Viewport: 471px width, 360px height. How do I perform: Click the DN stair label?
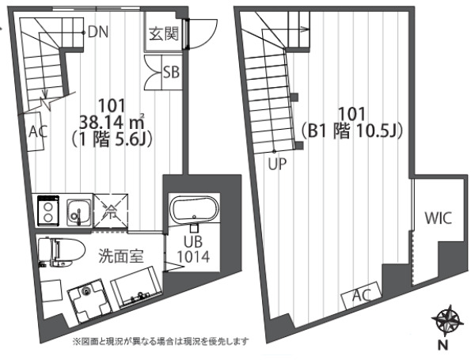[x=99, y=32]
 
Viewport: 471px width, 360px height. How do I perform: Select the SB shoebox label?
[x=170, y=72]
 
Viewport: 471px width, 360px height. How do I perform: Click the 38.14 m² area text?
[x=112, y=121]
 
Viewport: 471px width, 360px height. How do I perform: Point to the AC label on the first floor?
[x=36, y=131]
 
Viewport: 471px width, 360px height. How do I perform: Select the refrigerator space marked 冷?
[x=108, y=211]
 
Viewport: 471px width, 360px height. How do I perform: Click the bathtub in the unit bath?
[x=193, y=213]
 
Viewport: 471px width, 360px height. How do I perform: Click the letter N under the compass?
[x=444, y=345]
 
